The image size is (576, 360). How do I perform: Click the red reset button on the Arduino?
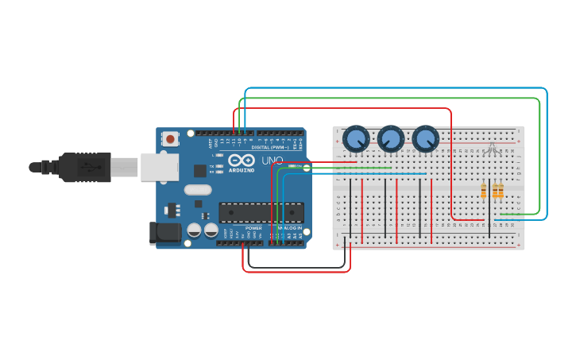pos(170,139)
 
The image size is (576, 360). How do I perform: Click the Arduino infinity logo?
pos(242,161)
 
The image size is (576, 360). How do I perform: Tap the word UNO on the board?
pos(273,161)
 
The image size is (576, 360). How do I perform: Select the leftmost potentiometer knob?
pos(356,139)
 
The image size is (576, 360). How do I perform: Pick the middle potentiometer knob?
pos(391,139)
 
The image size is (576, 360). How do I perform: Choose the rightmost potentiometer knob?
pos(426,139)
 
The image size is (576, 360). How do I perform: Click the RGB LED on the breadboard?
pos(493,148)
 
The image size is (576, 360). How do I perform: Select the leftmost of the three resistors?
pos(484,191)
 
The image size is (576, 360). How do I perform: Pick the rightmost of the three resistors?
pos(501,191)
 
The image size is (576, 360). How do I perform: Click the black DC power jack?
pos(165,233)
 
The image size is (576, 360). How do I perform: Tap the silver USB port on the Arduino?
pos(160,167)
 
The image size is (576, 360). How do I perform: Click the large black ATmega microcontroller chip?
pos(261,213)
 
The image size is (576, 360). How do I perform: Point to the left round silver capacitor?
pos(194,230)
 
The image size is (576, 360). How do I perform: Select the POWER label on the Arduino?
pos(253,228)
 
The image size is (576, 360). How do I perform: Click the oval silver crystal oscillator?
pos(198,190)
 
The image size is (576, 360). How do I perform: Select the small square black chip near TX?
pos(199,170)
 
